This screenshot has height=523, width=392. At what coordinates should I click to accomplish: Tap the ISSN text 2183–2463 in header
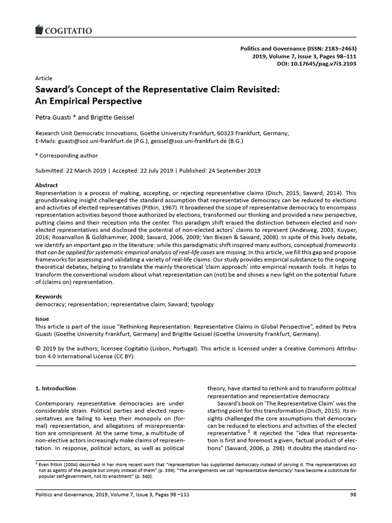tap(338, 47)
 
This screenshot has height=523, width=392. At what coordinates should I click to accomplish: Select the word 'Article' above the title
tap(43, 78)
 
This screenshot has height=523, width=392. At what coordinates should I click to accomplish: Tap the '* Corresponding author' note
tap(66, 156)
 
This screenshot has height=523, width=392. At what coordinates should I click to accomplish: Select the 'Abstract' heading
tap(46, 185)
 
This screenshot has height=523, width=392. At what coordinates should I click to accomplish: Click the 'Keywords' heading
tap(48, 296)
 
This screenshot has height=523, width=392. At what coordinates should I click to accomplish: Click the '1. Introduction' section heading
tap(55, 388)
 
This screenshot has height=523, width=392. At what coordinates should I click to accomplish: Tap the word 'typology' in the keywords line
tap(202, 304)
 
